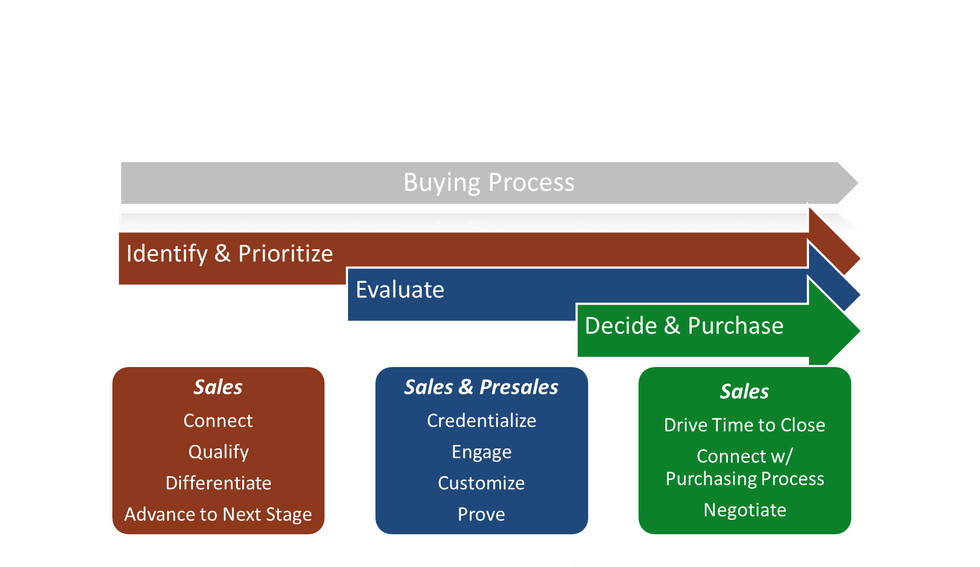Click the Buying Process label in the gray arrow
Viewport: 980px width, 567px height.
(x=489, y=183)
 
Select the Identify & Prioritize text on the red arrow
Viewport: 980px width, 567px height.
(x=230, y=254)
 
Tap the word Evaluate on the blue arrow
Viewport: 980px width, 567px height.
(x=400, y=290)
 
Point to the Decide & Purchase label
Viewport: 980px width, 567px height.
(x=684, y=326)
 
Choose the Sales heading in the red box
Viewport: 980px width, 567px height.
(x=218, y=387)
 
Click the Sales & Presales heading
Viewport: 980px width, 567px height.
(x=481, y=387)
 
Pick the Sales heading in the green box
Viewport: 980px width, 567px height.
(x=744, y=392)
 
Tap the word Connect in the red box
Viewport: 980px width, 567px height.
(x=218, y=421)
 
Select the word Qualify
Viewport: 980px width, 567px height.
(x=219, y=453)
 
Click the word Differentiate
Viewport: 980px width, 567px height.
(x=219, y=483)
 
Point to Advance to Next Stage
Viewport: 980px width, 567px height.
(x=218, y=515)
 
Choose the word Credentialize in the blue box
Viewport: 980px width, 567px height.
(x=482, y=421)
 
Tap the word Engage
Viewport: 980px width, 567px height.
(x=482, y=453)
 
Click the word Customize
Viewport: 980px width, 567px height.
(x=481, y=483)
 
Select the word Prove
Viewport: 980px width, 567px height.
(x=481, y=514)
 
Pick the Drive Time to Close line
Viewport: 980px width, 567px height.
(x=744, y=425)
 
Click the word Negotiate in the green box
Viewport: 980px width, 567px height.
(x=745, y=511)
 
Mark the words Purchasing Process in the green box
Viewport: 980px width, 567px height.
(x=745, y=479)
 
